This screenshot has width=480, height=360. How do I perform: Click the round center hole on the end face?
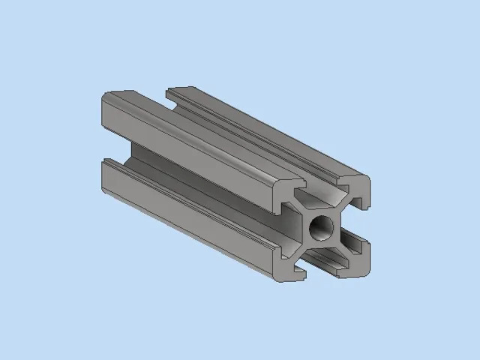tap(323, 224)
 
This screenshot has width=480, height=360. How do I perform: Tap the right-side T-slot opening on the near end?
tap(358, 221)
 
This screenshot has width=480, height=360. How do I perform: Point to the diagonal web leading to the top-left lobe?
tap(306, 209)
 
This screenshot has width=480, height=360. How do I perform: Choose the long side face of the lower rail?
tap(187, 225)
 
